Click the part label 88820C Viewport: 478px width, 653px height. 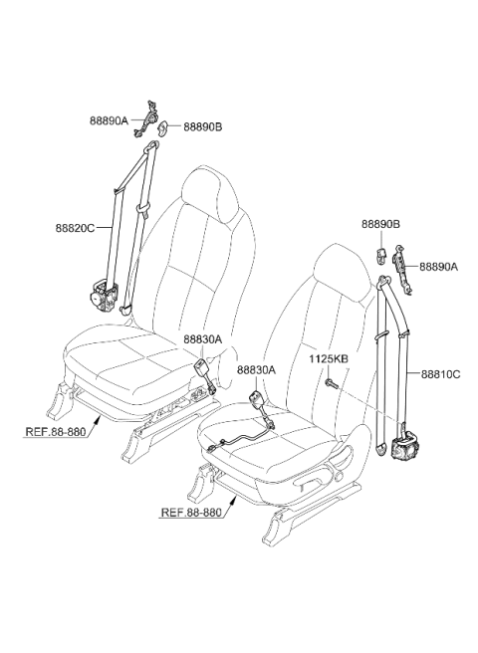pos(75,228)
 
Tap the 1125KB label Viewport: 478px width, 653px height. pos(329,359)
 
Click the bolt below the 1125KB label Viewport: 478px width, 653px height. pos(332,383)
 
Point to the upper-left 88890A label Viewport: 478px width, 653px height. pos(110,120)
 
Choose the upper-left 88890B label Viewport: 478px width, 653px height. pos(203,126)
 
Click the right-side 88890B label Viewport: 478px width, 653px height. pos(380,225)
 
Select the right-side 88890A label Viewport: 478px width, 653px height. pos(438,267)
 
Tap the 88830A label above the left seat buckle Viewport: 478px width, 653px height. pos(203,339)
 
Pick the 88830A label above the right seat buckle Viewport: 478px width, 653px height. pos(257,369)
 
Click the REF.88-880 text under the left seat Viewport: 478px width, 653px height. pos(56,431)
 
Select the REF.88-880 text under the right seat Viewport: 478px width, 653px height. pos(191,512)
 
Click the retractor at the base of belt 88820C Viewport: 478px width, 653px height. pos(105,296)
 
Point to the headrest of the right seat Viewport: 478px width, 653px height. pos(344,272)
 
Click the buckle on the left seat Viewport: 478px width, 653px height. pos(201,368)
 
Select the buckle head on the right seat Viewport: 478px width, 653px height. pos(256,399)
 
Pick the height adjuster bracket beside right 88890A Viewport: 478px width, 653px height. pos(401,270)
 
